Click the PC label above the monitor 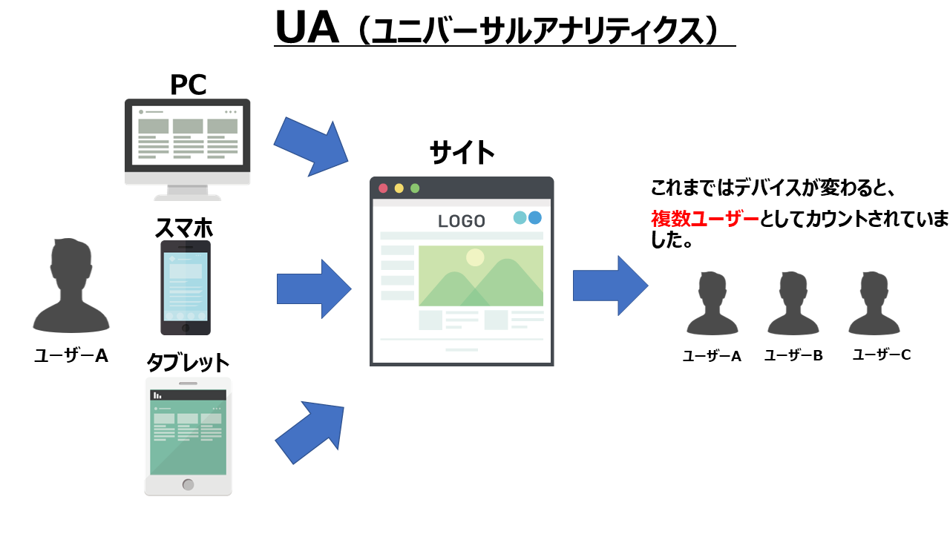pyautogui.click(x=188, y=85)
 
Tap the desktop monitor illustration pyautogui.click(x=187, y=141)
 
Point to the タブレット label pyautogui.click(x=188, y=363)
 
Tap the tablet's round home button pyautogui.click(x=188, y=484)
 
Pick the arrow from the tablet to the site pyautogui.click(x=311, y=432)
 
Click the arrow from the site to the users pyautogui.click(x=609, y=286)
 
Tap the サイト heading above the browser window pyautogui.click(x=462, y=153)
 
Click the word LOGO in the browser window pyautogui.click(x=462, y=221)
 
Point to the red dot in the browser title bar pyautogui.click(x=383, y=188)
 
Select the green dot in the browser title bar pyautogui.click(x=415, y=188)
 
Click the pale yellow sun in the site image pyautogui.click(x=475, y=257)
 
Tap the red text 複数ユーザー pyautogui.click(x=705, y=218)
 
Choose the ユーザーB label pyautogui.click(x=793, y=355)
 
